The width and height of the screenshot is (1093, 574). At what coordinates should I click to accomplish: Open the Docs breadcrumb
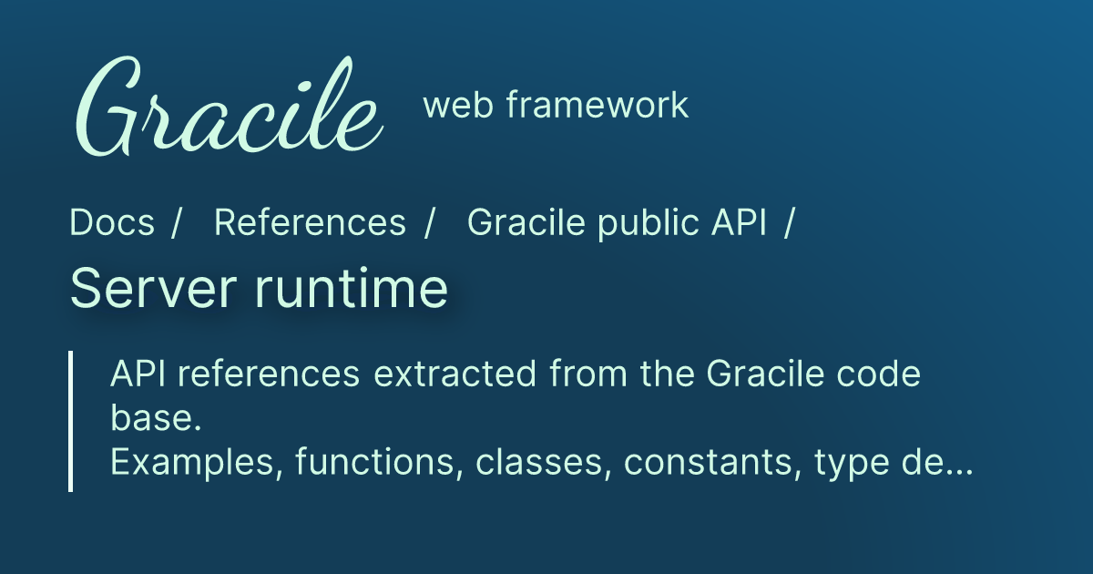(112, 223)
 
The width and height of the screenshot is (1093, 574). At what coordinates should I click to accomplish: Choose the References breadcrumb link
(310, 223)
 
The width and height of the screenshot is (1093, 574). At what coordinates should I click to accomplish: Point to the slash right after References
(429, 223)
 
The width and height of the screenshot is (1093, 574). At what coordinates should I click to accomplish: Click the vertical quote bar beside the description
(70, 421)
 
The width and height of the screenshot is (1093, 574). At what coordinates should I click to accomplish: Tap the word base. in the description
(154, 419)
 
